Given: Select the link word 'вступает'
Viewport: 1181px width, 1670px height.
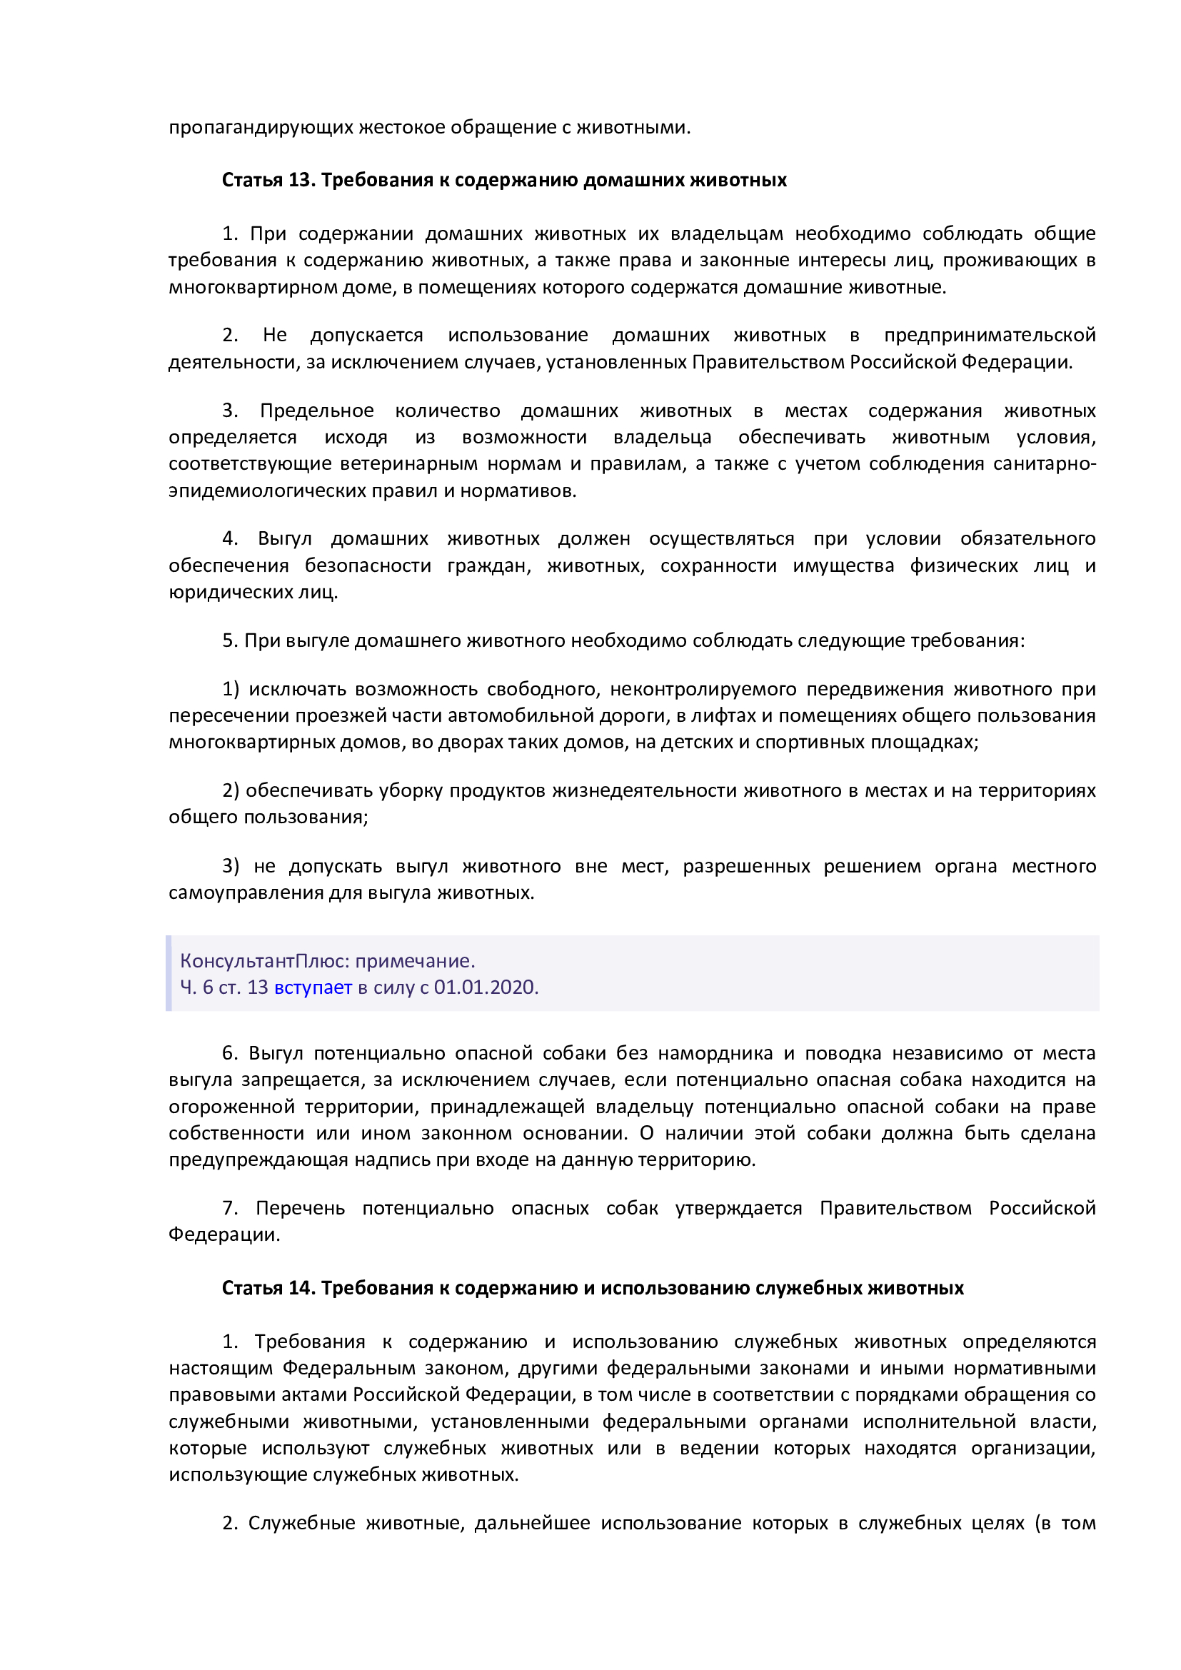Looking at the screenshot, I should [313, 987].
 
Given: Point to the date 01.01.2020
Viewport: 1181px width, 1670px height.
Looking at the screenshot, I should [485, 987].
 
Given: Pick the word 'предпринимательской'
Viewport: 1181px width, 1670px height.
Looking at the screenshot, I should [989, 335].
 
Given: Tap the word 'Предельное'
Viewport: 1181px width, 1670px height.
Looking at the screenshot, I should [317, 411].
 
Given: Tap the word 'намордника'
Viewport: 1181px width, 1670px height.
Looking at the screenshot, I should [715, 1052].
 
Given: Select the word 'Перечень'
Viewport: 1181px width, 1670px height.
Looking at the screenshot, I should [300, 1207].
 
